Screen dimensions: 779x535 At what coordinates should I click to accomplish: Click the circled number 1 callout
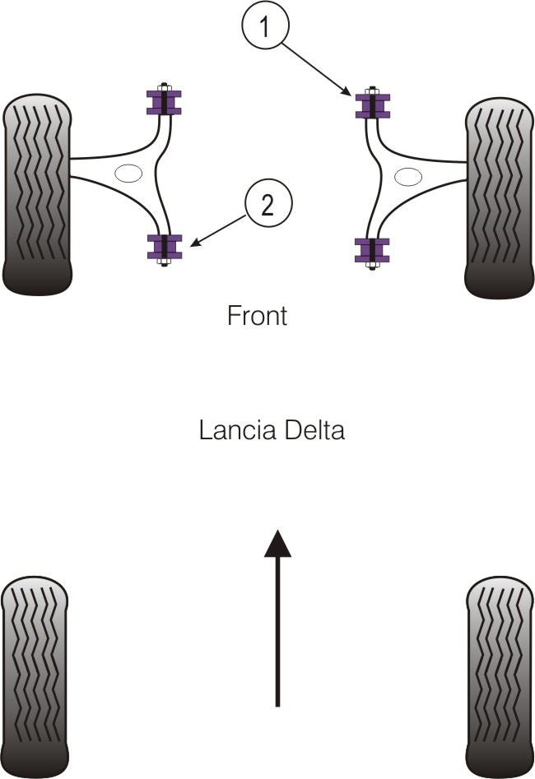click(265, 28)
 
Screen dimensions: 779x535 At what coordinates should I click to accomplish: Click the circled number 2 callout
click(267, 205)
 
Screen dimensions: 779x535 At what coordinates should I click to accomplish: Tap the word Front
click(257, 316)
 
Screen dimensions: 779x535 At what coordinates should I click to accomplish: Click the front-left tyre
click(37, 195)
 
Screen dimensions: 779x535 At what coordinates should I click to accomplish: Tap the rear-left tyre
click(35, 676)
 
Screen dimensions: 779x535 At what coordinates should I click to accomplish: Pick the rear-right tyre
click(499, 676)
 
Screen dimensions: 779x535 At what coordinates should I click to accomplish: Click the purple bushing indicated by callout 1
click(372, 106)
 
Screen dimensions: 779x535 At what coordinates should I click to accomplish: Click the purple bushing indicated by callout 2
click(164, 247)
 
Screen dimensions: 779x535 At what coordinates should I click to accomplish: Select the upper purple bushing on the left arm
click(164, 101)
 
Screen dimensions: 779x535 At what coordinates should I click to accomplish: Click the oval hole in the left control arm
click(128, 173)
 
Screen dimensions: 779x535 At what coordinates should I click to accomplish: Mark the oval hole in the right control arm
click(408, 177)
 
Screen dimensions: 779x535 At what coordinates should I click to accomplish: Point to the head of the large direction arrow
click(277, 544)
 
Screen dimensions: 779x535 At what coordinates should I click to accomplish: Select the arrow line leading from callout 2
click(218, 230)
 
